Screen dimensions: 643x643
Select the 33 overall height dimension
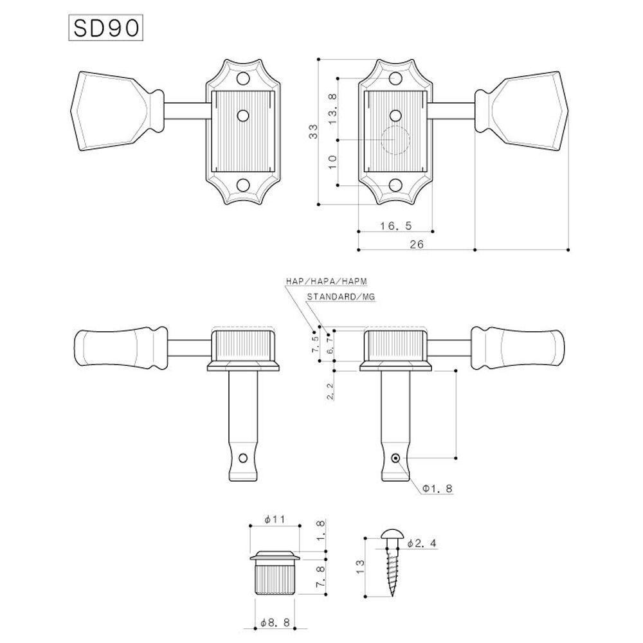pyautogui.click(x=313, y=132)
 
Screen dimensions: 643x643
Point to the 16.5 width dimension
pyautogui.click(x=395, y=225)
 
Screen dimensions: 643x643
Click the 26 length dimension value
pyautogui.click(x=416, y=244)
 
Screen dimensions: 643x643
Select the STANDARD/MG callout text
pyautogui.click(x=340, y=297)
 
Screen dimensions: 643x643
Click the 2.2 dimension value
pyautogui.click(x=330, y=390)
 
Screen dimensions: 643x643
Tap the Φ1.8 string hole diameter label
pyautogui.click(x=437, y=489)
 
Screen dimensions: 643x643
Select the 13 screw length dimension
pyautogui.click(x=360, y=566)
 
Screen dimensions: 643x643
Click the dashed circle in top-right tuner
pyautogui.click(x=395, y=140)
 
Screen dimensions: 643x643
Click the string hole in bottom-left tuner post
pyautogui.click(x=243, y=458)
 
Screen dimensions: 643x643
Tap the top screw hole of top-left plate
pyautogui.click(x=243, y=80)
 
